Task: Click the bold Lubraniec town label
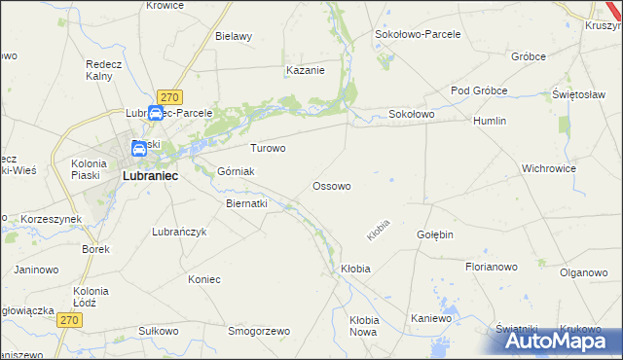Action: (x=149, y=177)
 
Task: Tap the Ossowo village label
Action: (x=331, y=185)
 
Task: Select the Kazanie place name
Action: (x=305, y=70)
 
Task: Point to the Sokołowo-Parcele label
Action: (x=418, y=33)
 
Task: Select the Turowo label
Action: (x=268, y=149)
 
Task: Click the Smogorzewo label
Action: (x=259, y=331)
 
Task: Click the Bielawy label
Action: (x=234, y=37)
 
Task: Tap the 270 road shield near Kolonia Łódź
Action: (x=67, y=319)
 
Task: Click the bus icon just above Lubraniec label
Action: (x=139, y=150)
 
